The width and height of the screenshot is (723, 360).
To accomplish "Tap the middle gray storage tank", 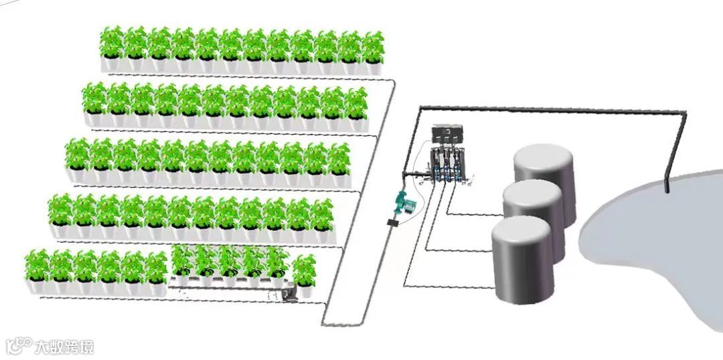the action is [533, 207].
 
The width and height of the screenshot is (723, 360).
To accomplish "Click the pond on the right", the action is [649, 241].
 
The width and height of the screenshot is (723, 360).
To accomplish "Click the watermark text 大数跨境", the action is [64, 347].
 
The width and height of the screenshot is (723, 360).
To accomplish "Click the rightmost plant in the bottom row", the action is [305, 271].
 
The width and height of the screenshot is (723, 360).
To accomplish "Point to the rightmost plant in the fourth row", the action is [321, 214].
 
